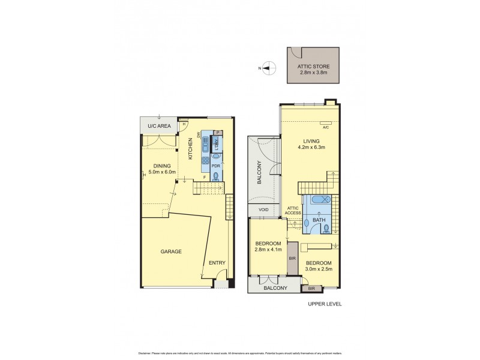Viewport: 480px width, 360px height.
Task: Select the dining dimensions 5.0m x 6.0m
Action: [162, 173]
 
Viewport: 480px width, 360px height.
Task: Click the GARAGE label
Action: [171, 251]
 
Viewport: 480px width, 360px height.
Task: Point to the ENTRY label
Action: [217, 263]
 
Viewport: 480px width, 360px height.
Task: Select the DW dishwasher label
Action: [197, 135]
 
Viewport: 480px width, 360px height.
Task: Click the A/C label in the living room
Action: [326, 127]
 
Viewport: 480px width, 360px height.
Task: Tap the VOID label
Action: [263, 211]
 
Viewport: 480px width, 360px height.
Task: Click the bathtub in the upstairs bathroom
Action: [319, 201]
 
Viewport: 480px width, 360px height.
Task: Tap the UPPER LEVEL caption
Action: [325, 304]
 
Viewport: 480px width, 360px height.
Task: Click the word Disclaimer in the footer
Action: [146, 353]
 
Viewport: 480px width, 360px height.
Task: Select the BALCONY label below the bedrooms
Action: [275, 288]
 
